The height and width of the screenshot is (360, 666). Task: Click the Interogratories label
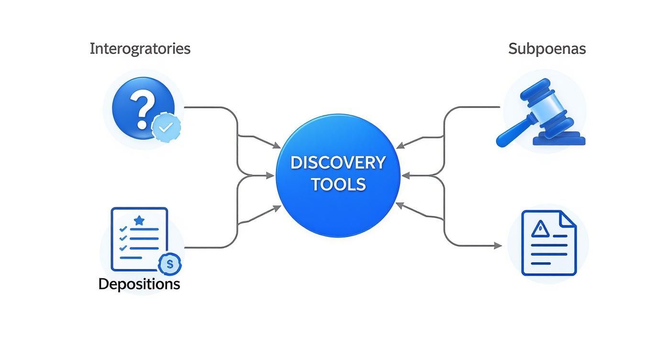[x=140, y=49]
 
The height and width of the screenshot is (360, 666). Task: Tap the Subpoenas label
[x=547, y=49]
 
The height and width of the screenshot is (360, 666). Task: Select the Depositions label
[x=139, y=284]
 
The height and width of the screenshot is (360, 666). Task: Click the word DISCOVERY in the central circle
[x=338, y=163]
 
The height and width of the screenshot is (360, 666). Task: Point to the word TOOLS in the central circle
[x=338, y=184]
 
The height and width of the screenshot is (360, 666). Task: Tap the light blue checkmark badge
[x=166, y=127]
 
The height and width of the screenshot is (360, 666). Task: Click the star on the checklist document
[x=139, y=220]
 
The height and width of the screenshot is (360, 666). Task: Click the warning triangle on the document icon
[x=540, y=228]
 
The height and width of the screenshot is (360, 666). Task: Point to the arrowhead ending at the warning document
[x=498, y=246]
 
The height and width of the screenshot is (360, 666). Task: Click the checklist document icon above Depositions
[x=139, y=239]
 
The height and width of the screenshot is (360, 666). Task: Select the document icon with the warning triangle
[x=548, y=243]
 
